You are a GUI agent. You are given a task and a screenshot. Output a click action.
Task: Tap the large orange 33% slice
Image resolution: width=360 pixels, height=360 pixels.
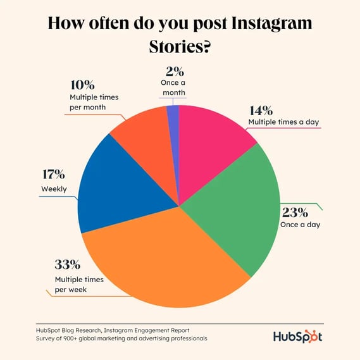pos(164,266)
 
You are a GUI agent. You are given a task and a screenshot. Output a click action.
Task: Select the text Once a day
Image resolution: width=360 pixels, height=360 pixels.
pos(300,225)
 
